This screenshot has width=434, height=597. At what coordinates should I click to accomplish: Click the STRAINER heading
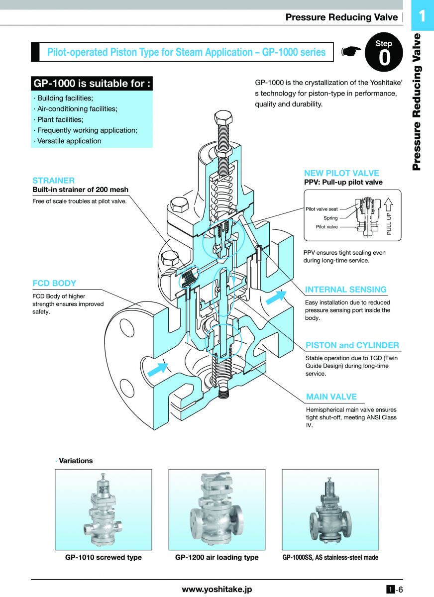[54, 181]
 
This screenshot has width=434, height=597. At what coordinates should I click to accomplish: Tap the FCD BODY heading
[54, 283]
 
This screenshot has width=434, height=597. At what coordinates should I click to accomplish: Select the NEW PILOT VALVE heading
[341, 173]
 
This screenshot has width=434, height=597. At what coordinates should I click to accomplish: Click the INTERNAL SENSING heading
[345, 290]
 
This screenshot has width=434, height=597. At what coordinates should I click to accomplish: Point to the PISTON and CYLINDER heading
[352, 345]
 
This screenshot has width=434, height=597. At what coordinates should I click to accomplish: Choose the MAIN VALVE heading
[331, 397]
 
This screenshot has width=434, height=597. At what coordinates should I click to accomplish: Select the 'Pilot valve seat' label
[322, 209]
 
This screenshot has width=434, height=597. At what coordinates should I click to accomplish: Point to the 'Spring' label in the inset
[330, 218]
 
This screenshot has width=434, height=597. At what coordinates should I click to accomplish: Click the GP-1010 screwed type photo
[104, 509]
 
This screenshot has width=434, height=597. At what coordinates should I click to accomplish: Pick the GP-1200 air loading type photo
[217, 509]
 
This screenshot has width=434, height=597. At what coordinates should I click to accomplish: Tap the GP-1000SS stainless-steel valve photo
[330, 509]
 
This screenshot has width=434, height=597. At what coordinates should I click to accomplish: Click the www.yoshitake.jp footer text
[217, 589]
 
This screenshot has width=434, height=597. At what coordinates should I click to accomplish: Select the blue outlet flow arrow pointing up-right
[276, 297]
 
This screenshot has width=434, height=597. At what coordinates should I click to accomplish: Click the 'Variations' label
[76, 461]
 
